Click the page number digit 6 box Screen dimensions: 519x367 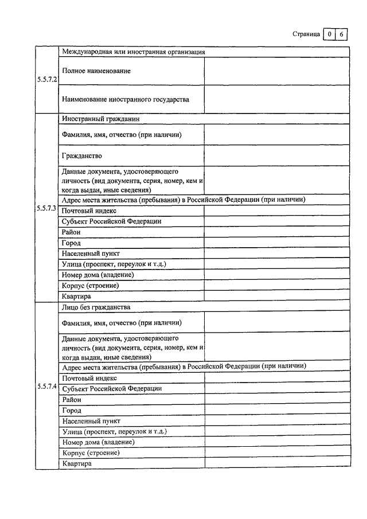click(341, 34)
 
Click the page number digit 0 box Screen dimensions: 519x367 click(330, 34)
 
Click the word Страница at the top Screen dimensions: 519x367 click(306, 34)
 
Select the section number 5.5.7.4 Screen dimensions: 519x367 click(46, 387)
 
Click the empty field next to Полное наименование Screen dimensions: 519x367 click(276, 71)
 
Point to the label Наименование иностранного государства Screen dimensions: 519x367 click(126, 99)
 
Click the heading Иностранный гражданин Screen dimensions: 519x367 click(101, 119)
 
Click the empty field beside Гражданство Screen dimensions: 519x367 click(276, 155)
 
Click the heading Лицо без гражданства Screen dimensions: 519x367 click(96, 307)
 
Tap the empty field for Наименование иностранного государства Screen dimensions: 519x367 click(276, 100)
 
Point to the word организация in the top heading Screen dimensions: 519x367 click(185, 52)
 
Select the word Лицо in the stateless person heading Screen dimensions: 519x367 click(69, 307)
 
